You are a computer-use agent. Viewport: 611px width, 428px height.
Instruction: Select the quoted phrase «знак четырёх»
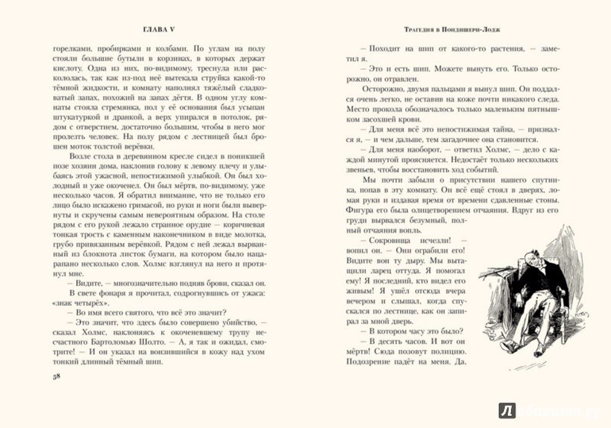[x=79, y=306]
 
